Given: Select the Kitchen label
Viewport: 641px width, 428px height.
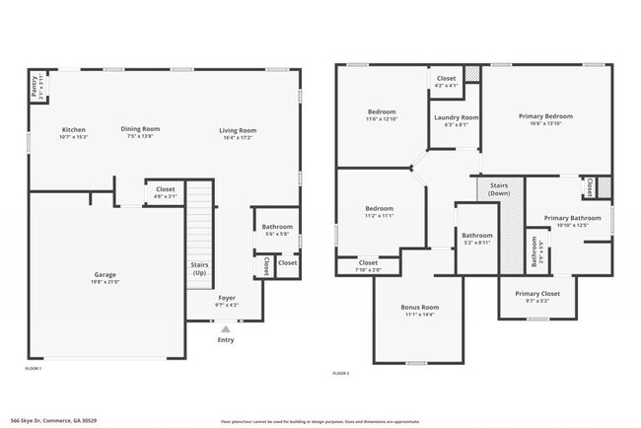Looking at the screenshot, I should point(74,130).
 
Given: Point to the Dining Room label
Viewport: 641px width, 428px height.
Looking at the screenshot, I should point(140,129).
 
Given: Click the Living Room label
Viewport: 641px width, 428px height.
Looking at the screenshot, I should point(238,130).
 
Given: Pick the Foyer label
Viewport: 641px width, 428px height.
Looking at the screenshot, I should point(227,296).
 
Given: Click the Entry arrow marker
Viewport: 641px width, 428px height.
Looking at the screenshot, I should point(226,329).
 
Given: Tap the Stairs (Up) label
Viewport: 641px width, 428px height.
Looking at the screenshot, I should point(199,268).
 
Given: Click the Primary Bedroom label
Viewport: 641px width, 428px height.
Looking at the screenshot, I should point(545,116).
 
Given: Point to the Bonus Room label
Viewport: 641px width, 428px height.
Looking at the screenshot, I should point(419,308).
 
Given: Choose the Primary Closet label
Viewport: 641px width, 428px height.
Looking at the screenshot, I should point(536,294).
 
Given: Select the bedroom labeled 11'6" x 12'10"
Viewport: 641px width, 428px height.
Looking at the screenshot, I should point(382,112).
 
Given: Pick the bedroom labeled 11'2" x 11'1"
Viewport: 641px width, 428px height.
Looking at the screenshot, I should point(380,209).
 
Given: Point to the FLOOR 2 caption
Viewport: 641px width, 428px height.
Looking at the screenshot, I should point(341,374).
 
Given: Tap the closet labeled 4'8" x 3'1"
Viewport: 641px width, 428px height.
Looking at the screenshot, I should point(165,188).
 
